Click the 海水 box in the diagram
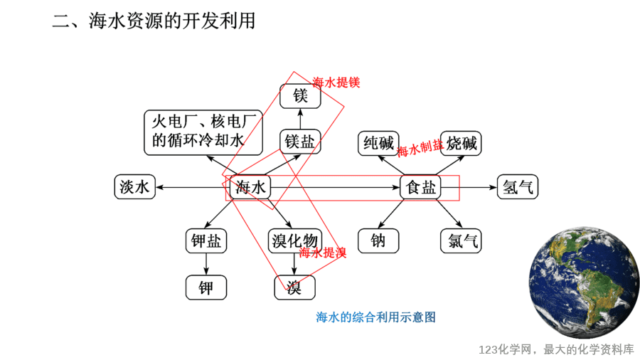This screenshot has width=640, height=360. (x=250, y=187)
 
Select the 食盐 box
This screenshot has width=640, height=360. (x=420, y=187)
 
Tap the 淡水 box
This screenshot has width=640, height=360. (x=134, y=187)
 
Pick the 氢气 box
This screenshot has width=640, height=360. (x=518, y=187)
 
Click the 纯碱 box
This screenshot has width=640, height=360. (x=378, y=143)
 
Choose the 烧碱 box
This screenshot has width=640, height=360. (x=462, y=143)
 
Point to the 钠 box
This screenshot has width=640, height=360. (x=378, y=240)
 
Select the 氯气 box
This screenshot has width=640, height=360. (x=462, y=240)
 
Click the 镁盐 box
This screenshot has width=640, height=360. (x=300, y=142)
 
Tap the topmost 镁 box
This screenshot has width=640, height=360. (x=300, y=96)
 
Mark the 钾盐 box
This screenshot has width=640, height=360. (x=206, y=240)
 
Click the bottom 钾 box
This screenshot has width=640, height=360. (x=206, y=287)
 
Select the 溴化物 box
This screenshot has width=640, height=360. (x=294, y=240)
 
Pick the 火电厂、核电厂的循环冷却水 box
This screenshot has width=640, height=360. (x=203, y=132)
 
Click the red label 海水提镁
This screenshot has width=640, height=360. (x=336, y=83)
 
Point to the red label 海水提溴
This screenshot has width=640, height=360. (x=322, y=253)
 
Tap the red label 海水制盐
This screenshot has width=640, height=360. (x=420, y=148)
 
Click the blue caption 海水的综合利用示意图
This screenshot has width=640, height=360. (x=376, y=317)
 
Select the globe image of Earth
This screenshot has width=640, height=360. (x=584, y=282)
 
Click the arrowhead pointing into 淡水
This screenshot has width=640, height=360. (x=159, y=187)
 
